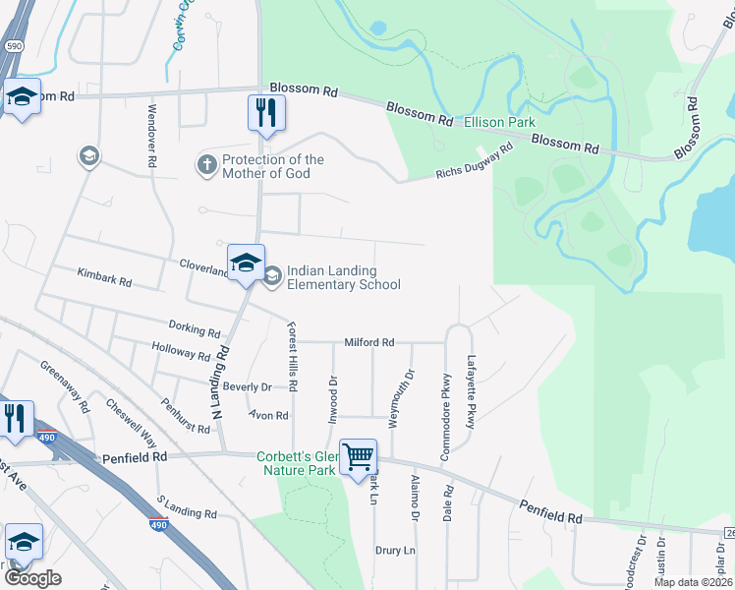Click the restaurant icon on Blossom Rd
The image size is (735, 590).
265,111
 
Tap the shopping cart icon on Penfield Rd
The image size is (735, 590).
359,455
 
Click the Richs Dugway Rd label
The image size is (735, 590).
475,163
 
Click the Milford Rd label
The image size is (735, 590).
368,342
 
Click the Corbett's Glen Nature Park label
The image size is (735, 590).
297,463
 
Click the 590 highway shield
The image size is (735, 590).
13,45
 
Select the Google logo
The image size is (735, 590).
32,578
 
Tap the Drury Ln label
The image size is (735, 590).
396,551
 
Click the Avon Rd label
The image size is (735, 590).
268,416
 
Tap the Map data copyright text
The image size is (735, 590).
693,582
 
